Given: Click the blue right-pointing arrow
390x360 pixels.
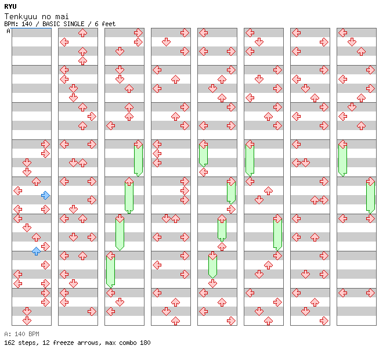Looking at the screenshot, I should tap(45, 195).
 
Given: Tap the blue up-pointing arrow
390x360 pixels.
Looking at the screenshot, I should tap(36, 251).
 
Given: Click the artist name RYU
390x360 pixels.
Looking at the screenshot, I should tap(10, 6).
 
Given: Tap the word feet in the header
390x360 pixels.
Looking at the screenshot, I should tap(109, 24).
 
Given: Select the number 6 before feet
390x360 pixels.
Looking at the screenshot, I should tap(96, 24).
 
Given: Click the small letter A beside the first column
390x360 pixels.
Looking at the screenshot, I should tap(8, 31).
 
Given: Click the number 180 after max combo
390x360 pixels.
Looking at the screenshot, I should tap(145, 343).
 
